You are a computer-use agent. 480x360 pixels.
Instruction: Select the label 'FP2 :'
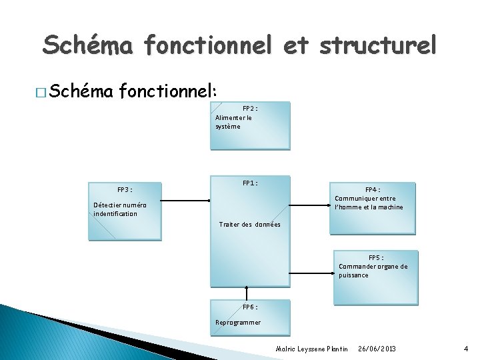(250, 108)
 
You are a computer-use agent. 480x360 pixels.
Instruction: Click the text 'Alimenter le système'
(233, 122)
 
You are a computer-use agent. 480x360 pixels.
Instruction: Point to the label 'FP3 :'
(125, 189)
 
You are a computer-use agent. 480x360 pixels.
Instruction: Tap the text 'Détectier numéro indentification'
(120, 209)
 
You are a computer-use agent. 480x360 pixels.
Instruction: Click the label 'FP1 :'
(250, 183)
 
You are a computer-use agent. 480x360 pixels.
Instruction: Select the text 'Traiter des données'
(250, 225)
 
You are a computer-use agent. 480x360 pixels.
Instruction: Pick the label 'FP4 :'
(373, 189)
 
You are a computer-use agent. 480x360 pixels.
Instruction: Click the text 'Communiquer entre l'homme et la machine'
(369, 203)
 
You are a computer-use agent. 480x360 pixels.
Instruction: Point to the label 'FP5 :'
(375, 257)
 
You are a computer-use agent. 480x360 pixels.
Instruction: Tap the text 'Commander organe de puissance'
(373, 271)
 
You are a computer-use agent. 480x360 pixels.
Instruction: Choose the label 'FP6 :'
(250, 307)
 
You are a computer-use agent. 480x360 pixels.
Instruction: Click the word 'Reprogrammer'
(238, 323)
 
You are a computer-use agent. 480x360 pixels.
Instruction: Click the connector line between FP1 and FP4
(309, 205)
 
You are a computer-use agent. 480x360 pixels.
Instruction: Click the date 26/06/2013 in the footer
(377, 349)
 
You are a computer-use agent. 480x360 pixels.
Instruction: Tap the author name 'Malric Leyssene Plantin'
(312, 349)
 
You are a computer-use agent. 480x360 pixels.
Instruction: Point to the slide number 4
(466, 349)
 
